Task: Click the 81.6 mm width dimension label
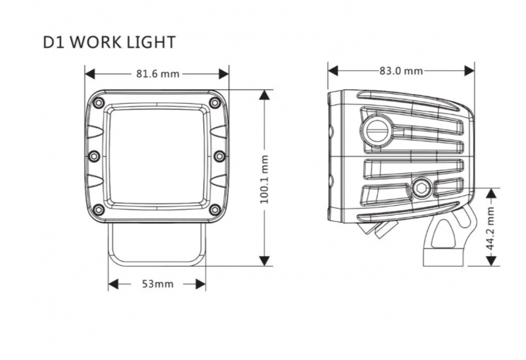tap(158, 73)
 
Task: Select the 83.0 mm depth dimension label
tap(401, 70)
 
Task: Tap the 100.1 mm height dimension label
tap(265, 179)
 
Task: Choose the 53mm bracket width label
tap(157, 284)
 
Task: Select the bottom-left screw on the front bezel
tap(98, 210)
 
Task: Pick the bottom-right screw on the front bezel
tap(215, 210)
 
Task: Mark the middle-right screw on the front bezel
tap(220, 156)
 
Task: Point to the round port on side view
tap(377, 129)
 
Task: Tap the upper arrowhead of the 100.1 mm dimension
tap(265, 95)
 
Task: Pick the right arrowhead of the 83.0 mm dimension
tap(469, 70)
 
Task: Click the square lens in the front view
tap(156, 156)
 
